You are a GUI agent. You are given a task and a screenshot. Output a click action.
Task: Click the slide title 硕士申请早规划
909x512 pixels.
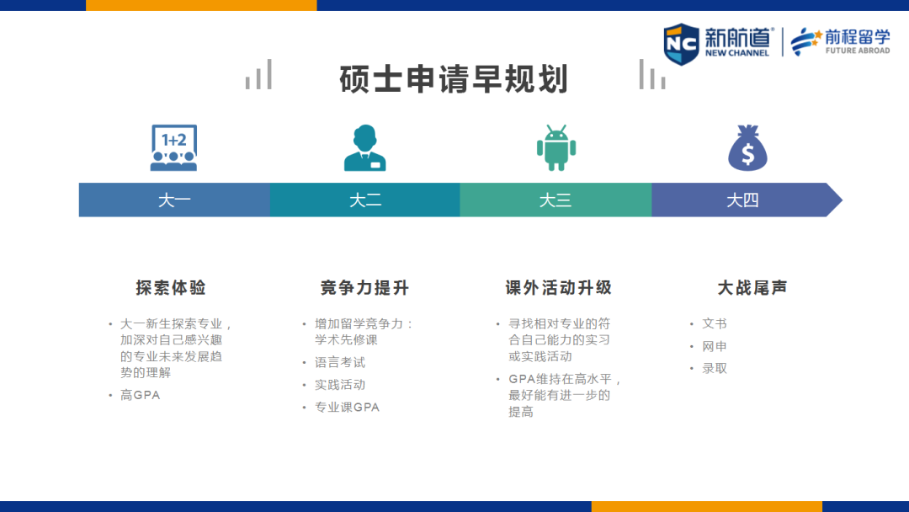tap(454, 79)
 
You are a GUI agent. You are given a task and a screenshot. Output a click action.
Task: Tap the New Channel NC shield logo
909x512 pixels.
tap(681, 44)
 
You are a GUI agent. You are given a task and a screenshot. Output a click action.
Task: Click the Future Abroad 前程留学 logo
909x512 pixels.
tap(840, 42)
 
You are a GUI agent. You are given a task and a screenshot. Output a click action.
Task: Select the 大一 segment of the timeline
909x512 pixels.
tap(174, 200)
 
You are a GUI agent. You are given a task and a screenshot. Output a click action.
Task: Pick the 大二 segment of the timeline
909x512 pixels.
tap(365, 200)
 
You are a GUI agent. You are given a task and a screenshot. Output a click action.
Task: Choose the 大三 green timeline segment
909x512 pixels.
tap(556, 200)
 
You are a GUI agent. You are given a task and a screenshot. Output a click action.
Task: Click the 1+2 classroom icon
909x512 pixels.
tap(174, 148)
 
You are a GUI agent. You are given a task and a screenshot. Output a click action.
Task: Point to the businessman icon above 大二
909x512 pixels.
tap(364, 148)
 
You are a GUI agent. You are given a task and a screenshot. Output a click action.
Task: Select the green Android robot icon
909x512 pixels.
tap(556, 148)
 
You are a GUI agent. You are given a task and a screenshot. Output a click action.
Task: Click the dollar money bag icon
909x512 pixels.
tap(748, 148)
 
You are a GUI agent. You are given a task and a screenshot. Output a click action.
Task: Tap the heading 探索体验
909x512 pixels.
tap(171, 288)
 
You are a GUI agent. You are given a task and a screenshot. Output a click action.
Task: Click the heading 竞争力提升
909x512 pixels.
tap(364, 288)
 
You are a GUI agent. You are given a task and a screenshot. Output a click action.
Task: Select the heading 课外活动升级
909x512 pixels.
tap(558, 288)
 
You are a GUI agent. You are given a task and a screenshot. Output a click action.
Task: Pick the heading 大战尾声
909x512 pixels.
tap(752, 288)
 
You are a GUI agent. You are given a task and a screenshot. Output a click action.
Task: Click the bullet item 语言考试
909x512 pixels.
tap(340, 362)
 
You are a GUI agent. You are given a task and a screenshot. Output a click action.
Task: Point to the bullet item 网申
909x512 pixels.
tap(715, 346)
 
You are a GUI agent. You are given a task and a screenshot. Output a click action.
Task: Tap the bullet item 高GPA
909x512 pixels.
tap(140, 395)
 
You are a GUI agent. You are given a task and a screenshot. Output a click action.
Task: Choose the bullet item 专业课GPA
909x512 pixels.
tap(347, 407)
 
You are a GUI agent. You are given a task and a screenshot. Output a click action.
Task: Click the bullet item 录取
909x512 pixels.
tap(715, 368)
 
